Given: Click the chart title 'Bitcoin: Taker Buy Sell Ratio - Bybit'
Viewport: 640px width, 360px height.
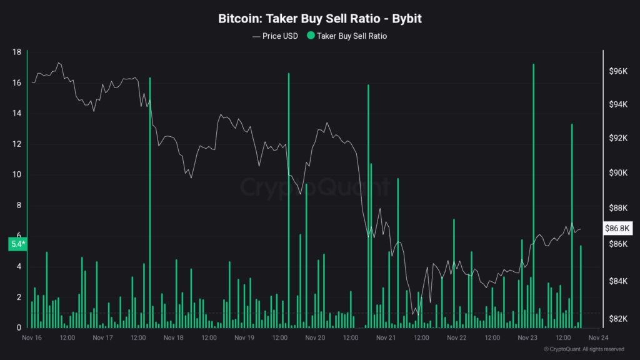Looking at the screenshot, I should click(319, 19).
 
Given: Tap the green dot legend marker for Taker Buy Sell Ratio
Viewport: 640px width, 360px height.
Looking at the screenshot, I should click(311, 36).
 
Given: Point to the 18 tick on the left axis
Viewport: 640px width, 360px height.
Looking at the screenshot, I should click(17, 52).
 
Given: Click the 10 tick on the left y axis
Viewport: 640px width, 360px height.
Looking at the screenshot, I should click(17, 175).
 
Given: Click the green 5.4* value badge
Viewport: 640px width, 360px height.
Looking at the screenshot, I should click(17, 244).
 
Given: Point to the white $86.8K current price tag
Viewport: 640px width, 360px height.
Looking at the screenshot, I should click(617, 229).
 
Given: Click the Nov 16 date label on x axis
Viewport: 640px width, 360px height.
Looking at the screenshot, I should click(32, 338).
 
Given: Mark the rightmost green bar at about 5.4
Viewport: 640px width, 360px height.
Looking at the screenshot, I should click(581, 287).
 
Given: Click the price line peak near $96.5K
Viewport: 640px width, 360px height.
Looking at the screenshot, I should click(59, 63).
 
